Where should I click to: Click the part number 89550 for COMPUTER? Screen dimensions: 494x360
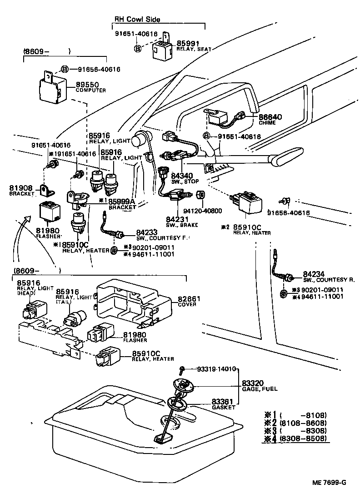coord(87,85)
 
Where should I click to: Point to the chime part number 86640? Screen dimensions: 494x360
coord(270,117)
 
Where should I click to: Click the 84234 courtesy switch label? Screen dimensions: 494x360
coord(313,274)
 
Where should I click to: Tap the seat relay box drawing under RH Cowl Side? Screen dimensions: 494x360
coord(161,49)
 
